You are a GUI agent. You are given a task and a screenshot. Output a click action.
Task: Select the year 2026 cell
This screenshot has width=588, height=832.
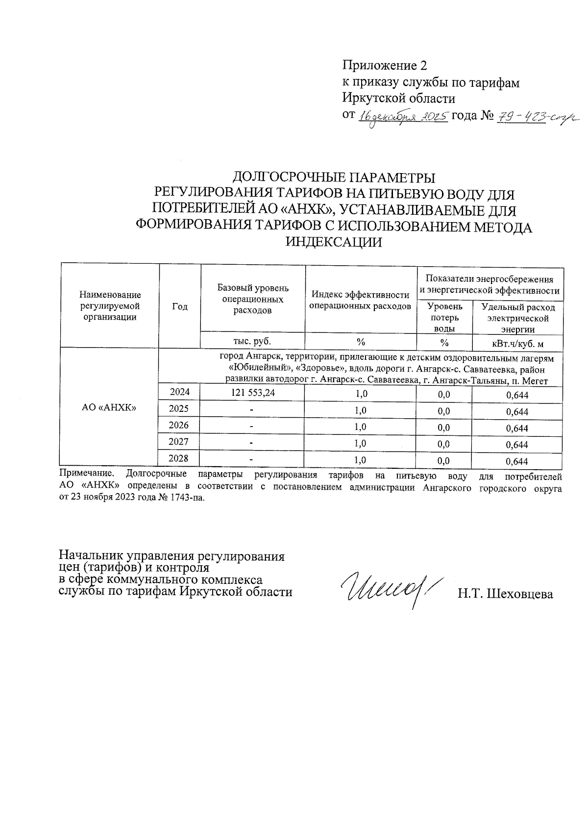[x=179, y=425]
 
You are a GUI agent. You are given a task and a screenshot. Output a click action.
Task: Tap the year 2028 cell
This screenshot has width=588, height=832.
[x=179, y=458]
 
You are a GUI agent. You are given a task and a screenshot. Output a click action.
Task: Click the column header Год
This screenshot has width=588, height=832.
[x=180, y=306]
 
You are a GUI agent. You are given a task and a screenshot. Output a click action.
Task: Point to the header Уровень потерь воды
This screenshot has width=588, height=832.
[x=444, y=318]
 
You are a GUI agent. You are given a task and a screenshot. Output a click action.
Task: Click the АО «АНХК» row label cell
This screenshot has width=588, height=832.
[x=109, y=407]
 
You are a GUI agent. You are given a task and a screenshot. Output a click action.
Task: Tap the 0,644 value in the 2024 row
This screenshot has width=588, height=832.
[x=516, y=395]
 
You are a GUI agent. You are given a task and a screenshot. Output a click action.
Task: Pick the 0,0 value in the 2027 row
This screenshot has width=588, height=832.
[x=443, y=445]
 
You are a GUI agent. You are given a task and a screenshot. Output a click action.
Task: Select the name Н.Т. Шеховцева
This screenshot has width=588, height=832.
[x=505, y=594]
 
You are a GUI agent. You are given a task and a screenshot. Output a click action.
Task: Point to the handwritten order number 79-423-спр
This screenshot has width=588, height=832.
[x=537, y=117]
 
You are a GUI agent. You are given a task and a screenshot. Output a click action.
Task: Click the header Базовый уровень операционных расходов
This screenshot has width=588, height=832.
[x=253, y=299]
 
